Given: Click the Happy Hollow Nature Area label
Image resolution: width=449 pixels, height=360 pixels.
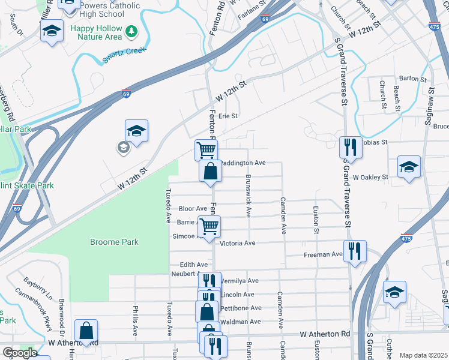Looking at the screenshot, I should (x=96, y=32).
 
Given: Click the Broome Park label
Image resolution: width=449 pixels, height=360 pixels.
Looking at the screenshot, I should (x=114, y=242).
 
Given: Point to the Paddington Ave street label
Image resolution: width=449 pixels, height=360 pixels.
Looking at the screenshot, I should (x=243, y=163).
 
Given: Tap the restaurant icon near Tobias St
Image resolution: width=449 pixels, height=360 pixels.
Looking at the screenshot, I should (x=349, y=146).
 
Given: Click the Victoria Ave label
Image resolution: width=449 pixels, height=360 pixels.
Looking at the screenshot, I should (x=238, y=243).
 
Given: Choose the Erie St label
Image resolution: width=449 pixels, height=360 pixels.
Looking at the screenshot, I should (x=228, y=116).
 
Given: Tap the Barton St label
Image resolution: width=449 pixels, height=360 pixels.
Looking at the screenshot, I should (x=412, y=79).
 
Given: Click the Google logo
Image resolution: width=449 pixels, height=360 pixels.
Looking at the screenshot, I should (x=20, y=353).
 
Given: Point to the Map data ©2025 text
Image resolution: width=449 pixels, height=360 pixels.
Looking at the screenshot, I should (x=423, y=355).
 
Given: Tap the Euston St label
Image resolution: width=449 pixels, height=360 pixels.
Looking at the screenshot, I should (x=315, y=220).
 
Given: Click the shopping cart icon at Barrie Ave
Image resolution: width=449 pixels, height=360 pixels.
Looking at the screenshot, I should (x=209, y=226).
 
